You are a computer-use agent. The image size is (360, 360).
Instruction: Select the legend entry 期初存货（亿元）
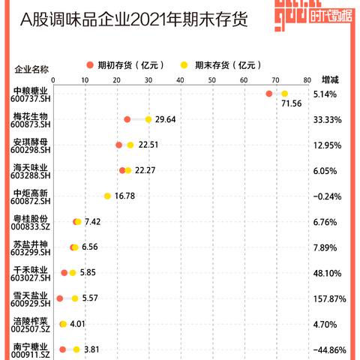pyautogui.click(x=123, y=64)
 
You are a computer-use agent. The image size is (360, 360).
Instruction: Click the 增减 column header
pyautogui.click(x=330, y=79)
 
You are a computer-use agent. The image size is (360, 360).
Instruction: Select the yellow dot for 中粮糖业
pyautogui.click(x=284, y=94)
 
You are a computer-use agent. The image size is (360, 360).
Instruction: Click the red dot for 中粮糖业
pyautogui.click(x=269, y=94)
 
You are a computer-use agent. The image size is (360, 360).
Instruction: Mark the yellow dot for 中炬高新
pyautogui.click(x=107, y=196)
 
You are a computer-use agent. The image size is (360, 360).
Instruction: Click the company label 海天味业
pyautogui.click(x=31, y=166)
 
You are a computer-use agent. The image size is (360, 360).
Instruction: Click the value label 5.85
pyautogui.click(x=88, y=272)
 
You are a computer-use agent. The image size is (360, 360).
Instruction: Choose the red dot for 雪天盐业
pyautogui.click(x=60, y=298)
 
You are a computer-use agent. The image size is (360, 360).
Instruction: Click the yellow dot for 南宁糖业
pyautogui.click(x=76, y=349)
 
